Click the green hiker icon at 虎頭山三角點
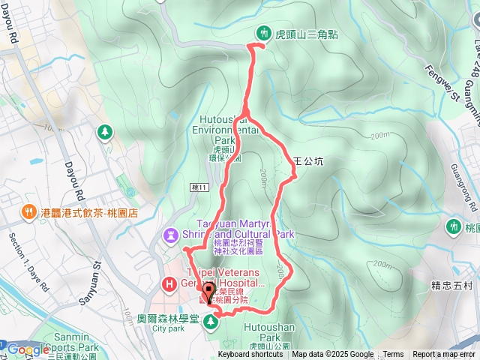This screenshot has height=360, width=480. pyautogui.click(x=263, y=33)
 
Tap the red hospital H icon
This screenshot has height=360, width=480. pyautogui.click(x=169, y=284)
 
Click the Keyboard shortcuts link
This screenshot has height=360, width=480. pyautogui.click(x=250, y=355)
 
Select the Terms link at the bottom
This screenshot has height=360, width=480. pyautogui.click(x=393, y=355)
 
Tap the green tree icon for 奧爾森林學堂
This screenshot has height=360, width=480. pyautogui.click(x=211, y=321)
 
